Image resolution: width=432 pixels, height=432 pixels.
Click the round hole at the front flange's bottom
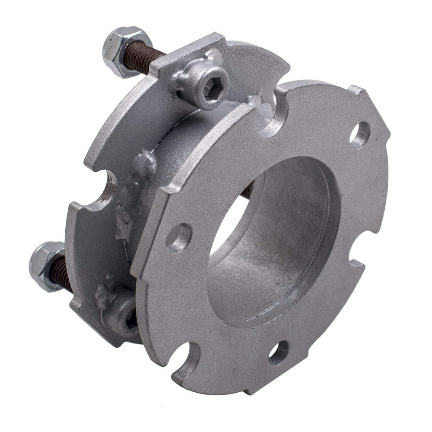(279, 352)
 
